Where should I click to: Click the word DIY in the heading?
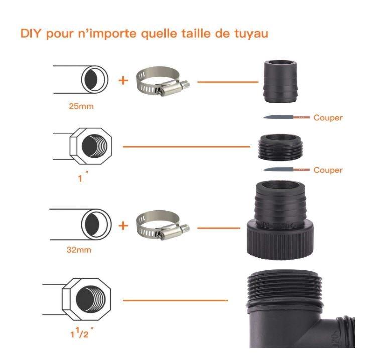point(30,33)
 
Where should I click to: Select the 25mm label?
point(81,106)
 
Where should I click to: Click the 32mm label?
point(79,250)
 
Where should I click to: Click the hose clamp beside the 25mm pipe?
point(163,81)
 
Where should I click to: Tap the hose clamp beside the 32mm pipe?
point(163,225)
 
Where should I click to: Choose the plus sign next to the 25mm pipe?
point(123,80)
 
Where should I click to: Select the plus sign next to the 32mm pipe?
point(123,226)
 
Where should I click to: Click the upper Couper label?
point(328,118)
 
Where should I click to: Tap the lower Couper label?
point(328,170)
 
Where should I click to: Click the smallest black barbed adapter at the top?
point(280,81)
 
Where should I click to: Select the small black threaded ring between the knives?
point(280,147)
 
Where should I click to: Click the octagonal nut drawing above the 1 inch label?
point(91,146)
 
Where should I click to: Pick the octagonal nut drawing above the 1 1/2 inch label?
point(86,299)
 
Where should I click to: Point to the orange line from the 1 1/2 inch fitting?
point(175,300)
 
